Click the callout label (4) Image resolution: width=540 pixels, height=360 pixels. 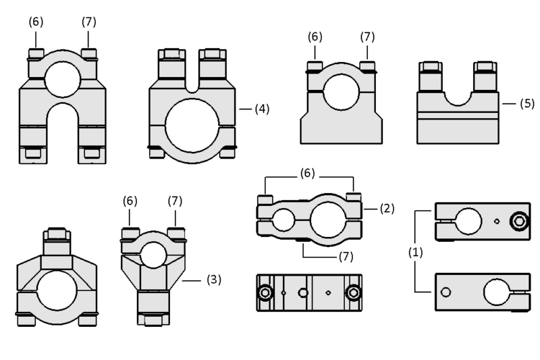point(262,109)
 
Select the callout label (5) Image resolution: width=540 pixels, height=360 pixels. point(527,103)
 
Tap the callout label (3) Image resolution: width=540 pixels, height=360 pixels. point(213,280)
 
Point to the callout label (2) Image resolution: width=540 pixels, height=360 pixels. point(387,209)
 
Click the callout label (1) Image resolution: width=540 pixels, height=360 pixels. point(415,253)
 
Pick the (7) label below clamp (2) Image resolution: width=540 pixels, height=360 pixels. point(346,256)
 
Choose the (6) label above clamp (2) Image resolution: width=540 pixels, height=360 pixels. point(307,173)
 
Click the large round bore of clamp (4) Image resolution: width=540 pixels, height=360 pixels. point(192,126)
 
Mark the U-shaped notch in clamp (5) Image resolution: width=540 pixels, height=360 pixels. point(458,98)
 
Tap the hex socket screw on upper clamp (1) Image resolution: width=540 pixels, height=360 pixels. point(519,221)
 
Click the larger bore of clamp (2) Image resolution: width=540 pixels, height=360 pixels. point(328,220)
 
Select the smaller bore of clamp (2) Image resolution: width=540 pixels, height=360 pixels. point(283,220)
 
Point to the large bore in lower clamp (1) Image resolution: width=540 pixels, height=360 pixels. point(497,292)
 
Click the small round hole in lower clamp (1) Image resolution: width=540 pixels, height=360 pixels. point(446,292)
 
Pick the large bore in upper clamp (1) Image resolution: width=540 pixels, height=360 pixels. point(468,221)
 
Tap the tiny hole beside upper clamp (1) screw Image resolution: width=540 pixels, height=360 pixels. point(497,221)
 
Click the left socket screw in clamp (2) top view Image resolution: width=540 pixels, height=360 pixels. point(265,293)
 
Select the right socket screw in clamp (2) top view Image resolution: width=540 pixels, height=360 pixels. point(353,293)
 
